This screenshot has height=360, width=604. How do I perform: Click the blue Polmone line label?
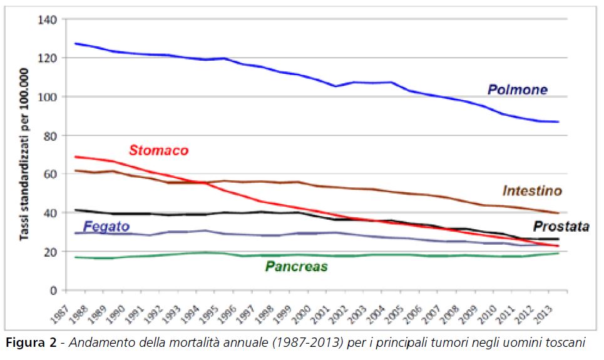(517, 90)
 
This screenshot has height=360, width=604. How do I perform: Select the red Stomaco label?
(158, 151)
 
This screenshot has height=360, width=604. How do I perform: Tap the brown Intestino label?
(532, 190)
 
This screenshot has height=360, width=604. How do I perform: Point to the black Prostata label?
(561, 226)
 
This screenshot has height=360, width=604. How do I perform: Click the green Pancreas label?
(296, 267)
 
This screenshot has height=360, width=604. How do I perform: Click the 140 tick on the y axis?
(47, 20)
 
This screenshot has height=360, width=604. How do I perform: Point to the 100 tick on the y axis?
(47, 97)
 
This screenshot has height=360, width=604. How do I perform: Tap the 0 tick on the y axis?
(53, 291)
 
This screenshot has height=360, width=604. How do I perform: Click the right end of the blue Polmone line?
(558, 121)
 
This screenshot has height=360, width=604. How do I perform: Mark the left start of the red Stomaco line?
(74, 157)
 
